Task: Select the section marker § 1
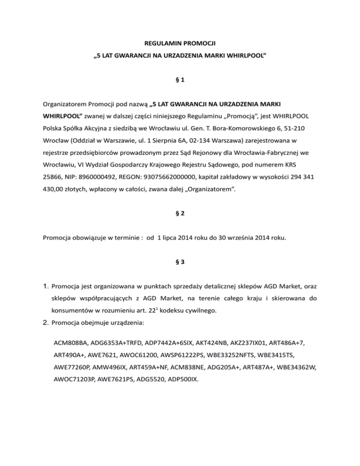pos(180,81)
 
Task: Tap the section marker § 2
pos(180,213)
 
